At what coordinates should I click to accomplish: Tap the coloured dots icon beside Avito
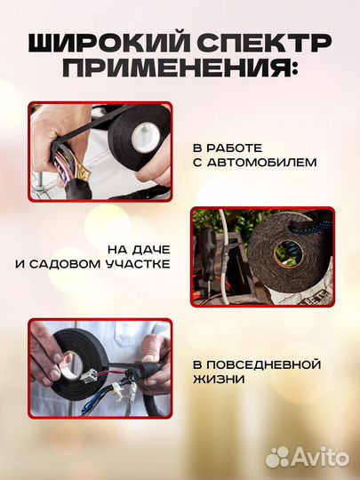277,456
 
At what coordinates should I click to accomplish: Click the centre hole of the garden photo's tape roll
289,251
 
